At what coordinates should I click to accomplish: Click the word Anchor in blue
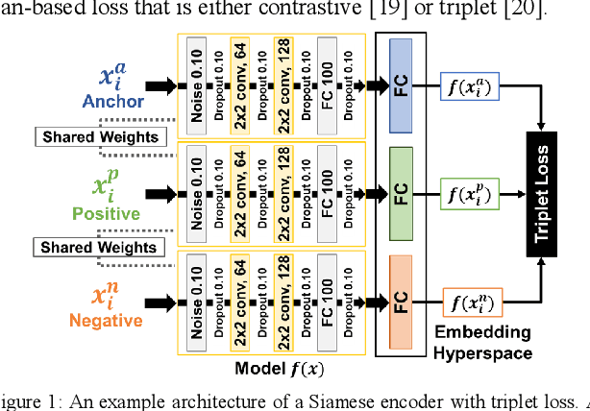tap(113, 101)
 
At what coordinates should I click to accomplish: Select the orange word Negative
tap(110, 320)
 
